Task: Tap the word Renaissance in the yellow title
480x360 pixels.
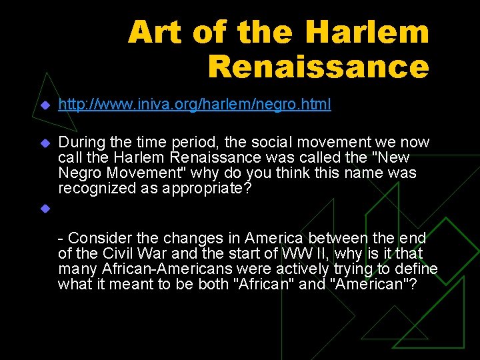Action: pyautogui.click(x=318, y=66)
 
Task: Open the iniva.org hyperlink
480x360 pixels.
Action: pyautogui.click(x=194, y=105)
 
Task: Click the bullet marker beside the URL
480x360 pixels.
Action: pyautogui.click(x=45, y=105)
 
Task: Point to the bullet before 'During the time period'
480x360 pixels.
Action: pyautogui.click(x=45, y=143)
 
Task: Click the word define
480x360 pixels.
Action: pyautogui.click(x=417, y=269)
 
